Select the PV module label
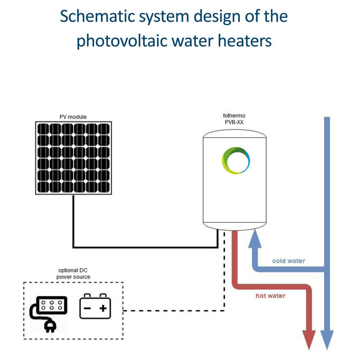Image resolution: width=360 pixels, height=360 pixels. point(73,117)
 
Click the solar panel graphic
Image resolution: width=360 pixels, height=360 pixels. point(73,158)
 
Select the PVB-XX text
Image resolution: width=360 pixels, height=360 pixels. point(233,122)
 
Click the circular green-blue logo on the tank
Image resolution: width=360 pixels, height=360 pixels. point(235,161)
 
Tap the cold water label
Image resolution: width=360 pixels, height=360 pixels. point(289,260)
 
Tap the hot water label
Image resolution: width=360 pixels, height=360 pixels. point(270,296)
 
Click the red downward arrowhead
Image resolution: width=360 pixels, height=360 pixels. point(308,339)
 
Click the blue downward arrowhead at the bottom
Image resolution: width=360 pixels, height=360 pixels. point(327,339)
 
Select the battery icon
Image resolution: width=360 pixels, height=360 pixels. point(95,306)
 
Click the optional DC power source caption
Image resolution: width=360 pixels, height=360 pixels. point(74,274)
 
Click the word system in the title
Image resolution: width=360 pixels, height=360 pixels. point(163,16)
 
